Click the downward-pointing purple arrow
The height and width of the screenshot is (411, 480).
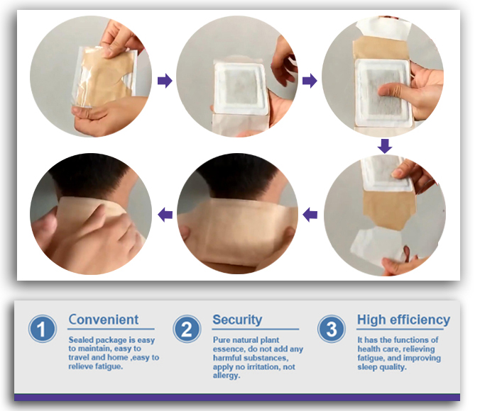384,146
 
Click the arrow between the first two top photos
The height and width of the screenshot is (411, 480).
165,81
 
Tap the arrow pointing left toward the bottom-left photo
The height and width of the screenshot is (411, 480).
165,213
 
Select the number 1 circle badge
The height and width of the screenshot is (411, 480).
43,330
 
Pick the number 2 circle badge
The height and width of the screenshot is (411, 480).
187,330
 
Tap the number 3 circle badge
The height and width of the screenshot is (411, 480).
331,330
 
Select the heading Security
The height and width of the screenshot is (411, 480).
237,319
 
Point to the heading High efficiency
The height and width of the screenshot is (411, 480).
403,319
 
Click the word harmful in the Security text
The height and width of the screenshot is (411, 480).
229,358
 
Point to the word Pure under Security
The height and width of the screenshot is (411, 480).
223,341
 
